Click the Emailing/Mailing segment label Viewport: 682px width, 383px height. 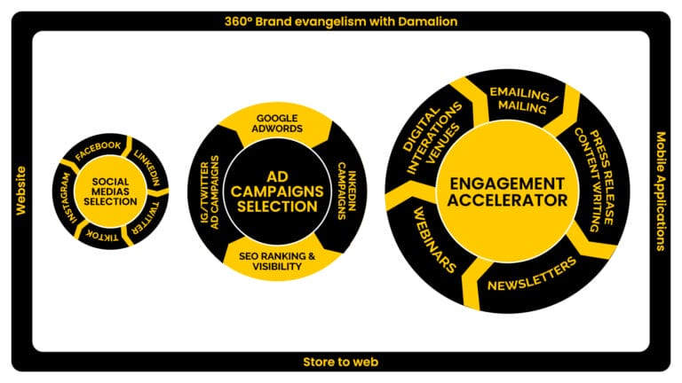click(x=520, y=100)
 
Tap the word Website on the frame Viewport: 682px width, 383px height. click(x=20, y=191)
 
